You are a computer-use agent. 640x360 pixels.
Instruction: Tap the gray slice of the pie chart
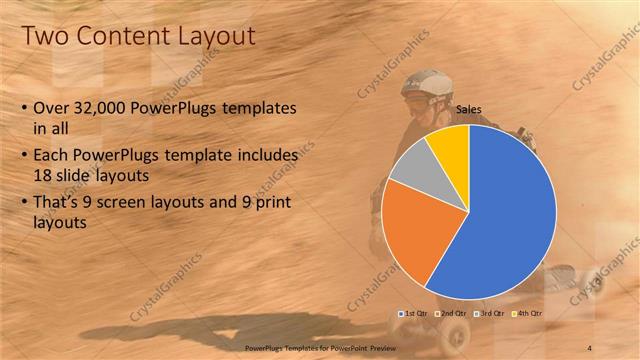tap(411, 164)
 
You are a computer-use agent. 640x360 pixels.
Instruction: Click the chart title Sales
tap(469, 109)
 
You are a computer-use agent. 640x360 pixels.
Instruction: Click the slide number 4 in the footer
tap(589, 347)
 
